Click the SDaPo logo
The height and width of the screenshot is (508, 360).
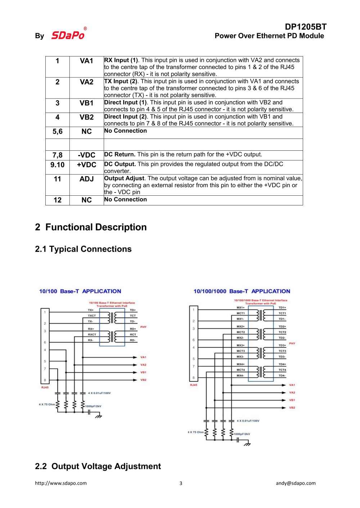pos(68,35)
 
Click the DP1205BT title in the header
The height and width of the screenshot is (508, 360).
pos(305,27)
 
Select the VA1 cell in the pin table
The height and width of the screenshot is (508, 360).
pos(86,61)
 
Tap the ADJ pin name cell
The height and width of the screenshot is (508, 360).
pos(86,179)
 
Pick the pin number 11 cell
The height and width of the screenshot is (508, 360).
pos(58,179)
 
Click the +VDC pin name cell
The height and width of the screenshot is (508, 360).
pos(86,165)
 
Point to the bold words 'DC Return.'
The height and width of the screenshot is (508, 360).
pos(120,154)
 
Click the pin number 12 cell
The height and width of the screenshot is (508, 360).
pos(58,200)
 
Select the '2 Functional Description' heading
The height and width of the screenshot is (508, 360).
pos(91,227)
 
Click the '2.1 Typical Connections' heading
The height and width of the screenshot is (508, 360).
pos(83,249)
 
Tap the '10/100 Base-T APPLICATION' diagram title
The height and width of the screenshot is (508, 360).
pos(80,291)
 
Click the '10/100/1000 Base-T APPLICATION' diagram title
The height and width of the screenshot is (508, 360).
pos(242,291)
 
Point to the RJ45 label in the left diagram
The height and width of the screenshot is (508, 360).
pos(45,387)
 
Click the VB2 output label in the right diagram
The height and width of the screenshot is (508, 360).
pos(292,408)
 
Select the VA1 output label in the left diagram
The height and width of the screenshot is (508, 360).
pos(143,357)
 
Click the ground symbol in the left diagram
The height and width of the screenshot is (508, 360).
pos(98,416)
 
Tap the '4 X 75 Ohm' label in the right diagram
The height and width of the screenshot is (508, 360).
pos(195,432)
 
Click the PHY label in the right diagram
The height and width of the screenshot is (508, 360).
pos(292,343)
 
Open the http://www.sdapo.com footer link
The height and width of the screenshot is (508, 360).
pos(61,483)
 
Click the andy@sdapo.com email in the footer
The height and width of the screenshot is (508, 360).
pos(296,483)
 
